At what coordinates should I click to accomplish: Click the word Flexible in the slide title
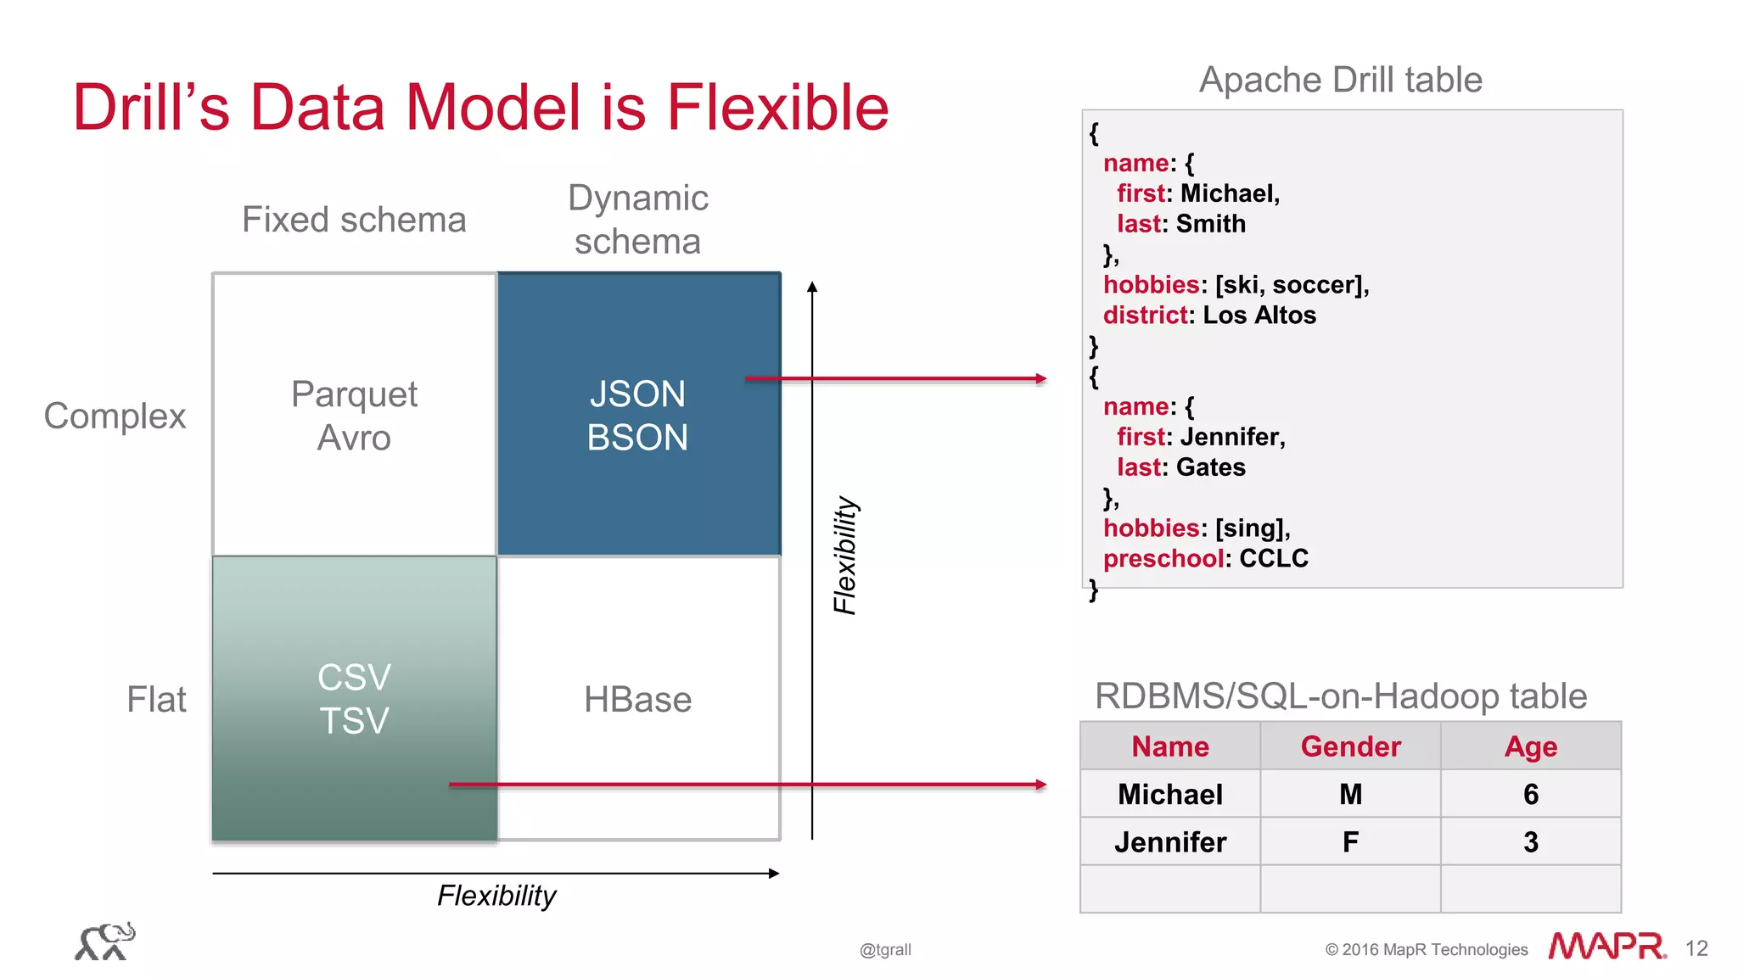point(777,108)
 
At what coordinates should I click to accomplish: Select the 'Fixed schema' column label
point(354,220)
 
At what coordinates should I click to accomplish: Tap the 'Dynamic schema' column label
point(637,220)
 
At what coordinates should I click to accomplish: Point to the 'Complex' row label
point(115,416)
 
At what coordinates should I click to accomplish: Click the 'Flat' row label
point(156,700)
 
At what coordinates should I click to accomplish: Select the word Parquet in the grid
point(354,394)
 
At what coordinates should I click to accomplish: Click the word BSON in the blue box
point(637,438)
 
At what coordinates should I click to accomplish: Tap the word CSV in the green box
point(354,678)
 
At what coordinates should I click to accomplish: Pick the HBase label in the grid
point(637,700)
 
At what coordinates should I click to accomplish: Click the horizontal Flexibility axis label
point(496,896)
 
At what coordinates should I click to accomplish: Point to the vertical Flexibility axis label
point(845,556)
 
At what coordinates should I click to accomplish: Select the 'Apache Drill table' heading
point(1340,80)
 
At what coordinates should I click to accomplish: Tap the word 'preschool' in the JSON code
point(1163,559)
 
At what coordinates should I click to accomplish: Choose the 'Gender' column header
point(1350,746)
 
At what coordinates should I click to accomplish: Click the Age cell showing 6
point(1530,795)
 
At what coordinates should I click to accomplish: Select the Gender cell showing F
point(1350,842)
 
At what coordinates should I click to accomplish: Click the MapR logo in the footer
point(1606,947)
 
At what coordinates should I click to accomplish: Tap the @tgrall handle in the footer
point(885,950)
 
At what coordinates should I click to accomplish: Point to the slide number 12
point(1696,948)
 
